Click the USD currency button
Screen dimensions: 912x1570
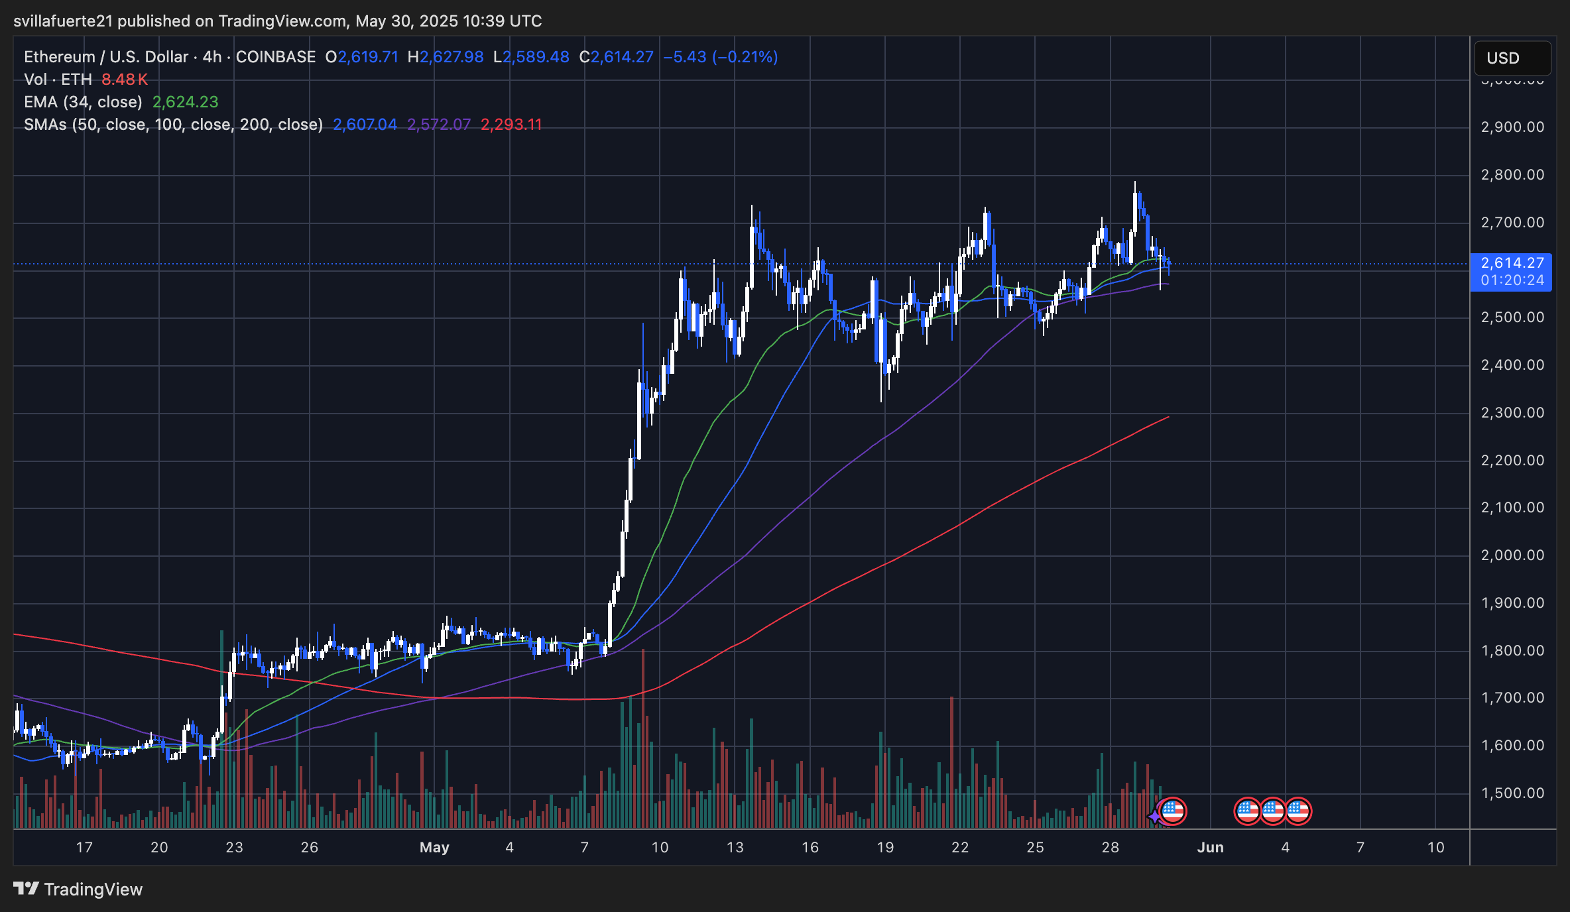[x=1512, y=58]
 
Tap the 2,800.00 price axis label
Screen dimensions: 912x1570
[x=1512, y=174]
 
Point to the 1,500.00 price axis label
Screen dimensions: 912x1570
[x=1512, y=793]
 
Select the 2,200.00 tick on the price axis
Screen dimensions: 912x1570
[x=1512, y=460]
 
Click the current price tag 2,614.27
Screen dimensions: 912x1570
[x=1512, y=263]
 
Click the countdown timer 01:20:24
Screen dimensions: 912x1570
[x=1512, y=280]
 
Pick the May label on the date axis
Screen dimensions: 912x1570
[x=434, y=847]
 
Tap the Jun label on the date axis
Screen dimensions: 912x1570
[x=1210, y=847]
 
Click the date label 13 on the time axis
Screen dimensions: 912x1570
[x=735, y=847]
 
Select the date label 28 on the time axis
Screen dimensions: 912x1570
[x=1110, y=847]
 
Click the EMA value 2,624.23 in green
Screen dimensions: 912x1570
[x=185, y=102]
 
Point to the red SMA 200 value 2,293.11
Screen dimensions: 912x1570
[x=511, y=125]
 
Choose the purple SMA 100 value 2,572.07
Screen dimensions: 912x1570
[x=439, y=125]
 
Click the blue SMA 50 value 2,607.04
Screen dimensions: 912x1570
[x=365, y=125]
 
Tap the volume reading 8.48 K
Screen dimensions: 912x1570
[x=125, y=80]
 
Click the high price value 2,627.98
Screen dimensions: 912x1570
[x=452, y=57]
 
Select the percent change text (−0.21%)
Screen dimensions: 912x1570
[x=745, y=57]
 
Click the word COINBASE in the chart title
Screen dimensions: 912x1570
[x=276, y=57]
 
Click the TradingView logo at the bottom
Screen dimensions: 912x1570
[x=78, y=889]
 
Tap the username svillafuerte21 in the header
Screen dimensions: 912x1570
[x=64, y=21]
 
